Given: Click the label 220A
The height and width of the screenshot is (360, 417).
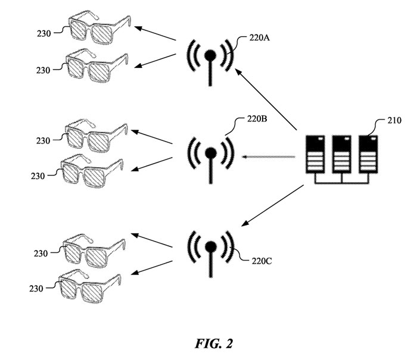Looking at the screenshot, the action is click(x=259, y=38).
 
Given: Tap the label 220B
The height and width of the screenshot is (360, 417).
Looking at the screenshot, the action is click(x=257, y=119).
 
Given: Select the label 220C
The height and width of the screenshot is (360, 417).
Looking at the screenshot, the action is click(x=262, y=261).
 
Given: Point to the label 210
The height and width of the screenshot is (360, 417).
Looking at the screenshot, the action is click(x=394, y=121).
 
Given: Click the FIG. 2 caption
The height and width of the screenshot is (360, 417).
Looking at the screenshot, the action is click(x=214, y=343).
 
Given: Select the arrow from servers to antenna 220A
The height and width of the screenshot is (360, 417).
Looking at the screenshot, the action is click(x=266, y=99).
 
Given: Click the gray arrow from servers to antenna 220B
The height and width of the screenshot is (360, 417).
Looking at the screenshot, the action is click(x=268, y=156).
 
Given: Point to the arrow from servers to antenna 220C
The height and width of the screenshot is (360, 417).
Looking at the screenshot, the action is click(x=272, y=206).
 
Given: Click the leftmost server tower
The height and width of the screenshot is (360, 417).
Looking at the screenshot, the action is click(x=315, y=154).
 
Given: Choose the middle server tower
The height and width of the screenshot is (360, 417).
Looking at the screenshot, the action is click(x=342, y=154).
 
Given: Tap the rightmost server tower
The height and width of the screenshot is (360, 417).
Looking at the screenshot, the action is click(x=368, y=154).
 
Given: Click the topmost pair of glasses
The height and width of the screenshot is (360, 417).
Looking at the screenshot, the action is click(x=99, y=27).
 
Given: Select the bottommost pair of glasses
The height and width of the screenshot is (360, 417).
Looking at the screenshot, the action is click(x=90, y=286).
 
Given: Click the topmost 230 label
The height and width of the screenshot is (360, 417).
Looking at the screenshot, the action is click(x=44, y=33).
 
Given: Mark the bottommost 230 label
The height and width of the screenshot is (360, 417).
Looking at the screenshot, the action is click(x=36, y=289).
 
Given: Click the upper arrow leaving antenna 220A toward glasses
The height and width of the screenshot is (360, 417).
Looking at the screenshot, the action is click(x=155, y=33).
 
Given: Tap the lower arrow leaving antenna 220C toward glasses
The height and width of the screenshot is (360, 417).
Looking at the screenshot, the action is click(x=152, y=268).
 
